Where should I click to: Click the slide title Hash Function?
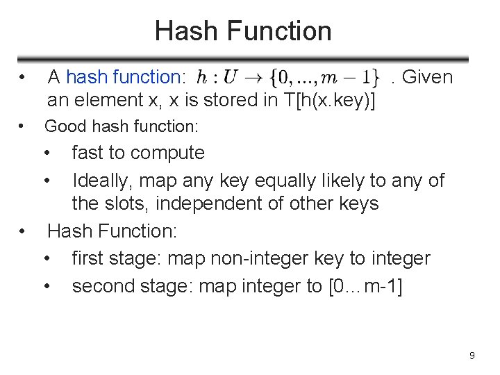coord(243,31)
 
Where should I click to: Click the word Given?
coord(427,77)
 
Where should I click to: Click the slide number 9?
coord(472,356)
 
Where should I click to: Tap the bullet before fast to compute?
coord(48,153)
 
